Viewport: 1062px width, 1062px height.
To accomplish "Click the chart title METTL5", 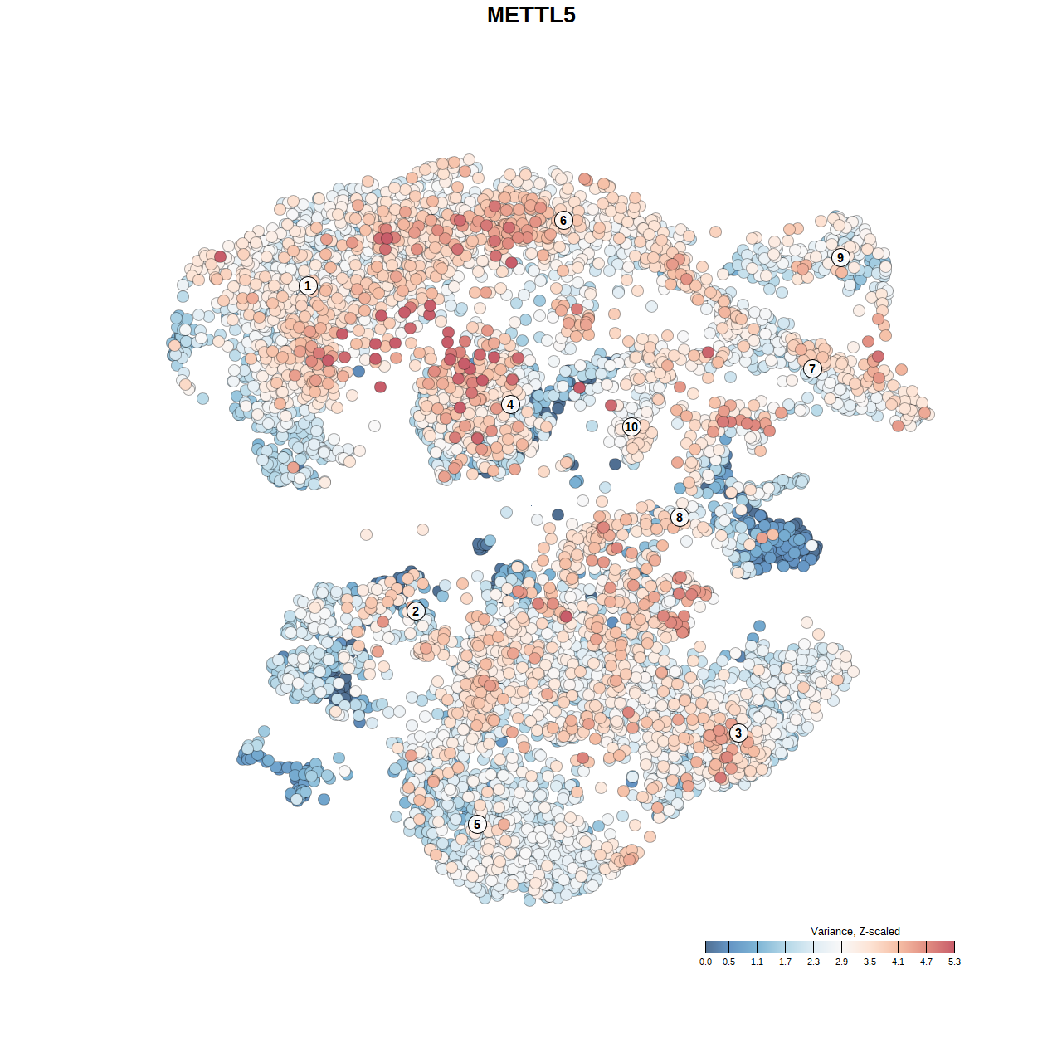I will [531, 15].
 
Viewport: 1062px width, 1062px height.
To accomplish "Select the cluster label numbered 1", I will [308, 285].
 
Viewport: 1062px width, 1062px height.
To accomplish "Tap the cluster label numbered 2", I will [416, 611].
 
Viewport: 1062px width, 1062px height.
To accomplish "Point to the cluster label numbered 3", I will [738, 733].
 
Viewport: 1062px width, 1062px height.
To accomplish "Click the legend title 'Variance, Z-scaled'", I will [855, 931].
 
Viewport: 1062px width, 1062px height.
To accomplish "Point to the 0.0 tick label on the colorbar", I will [705, 962].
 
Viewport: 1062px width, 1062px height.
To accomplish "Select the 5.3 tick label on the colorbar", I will [954, 962].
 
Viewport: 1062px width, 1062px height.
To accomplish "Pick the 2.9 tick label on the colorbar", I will [841, 962].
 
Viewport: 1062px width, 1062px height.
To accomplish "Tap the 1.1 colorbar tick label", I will [757, 962].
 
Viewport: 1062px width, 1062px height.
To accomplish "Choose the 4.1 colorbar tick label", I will [898, 962].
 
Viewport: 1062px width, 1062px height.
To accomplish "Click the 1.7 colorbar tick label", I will [785, 962].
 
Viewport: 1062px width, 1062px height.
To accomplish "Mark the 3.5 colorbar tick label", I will [870, 962].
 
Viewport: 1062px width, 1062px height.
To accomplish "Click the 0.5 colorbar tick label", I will [728, 962].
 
